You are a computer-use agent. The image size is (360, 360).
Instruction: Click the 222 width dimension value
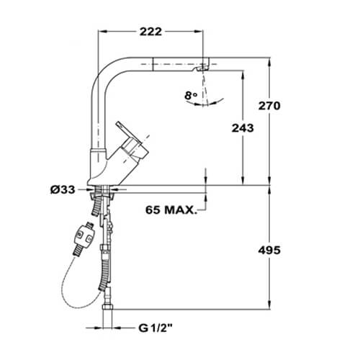150,32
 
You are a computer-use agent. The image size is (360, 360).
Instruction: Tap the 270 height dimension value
269,106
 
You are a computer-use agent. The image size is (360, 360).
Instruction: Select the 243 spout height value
243,128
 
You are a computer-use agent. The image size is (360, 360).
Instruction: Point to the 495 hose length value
269,251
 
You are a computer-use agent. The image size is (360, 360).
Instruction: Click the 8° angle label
191,96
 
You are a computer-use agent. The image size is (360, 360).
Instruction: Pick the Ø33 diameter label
63,190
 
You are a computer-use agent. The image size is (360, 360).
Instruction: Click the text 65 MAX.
171,210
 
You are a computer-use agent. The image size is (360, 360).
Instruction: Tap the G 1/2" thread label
156,328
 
